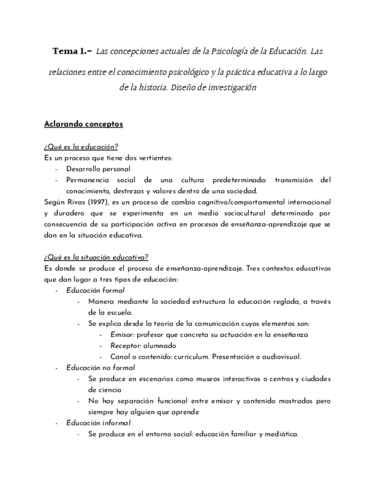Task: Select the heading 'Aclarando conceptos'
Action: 83,124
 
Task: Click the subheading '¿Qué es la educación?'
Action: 81,147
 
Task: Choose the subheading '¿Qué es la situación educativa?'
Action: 96,257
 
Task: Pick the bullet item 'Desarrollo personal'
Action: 98,169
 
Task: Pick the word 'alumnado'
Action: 160,346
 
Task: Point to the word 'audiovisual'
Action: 279,356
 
